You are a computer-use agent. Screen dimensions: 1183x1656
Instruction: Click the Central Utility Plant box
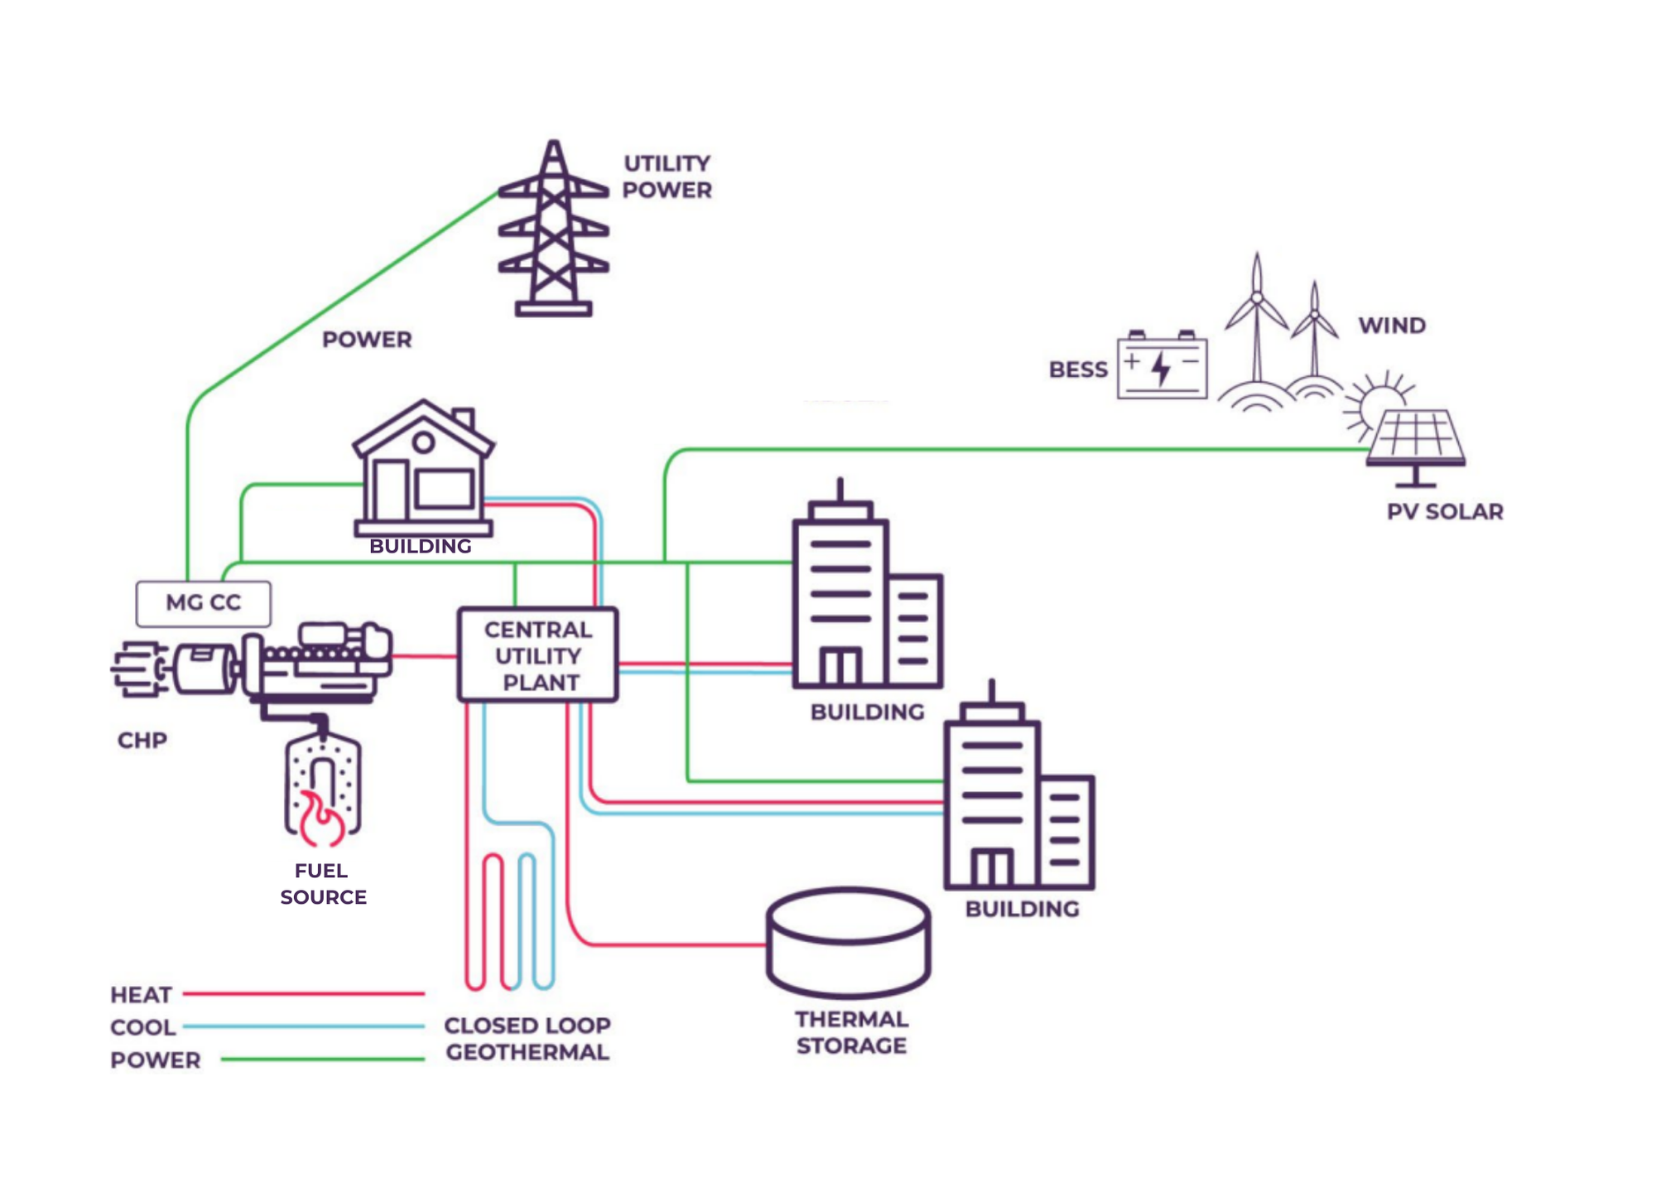(538, 655)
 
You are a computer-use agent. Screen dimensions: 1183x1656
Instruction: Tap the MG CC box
(203, 603)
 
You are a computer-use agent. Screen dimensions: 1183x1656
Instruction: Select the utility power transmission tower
(553, 232)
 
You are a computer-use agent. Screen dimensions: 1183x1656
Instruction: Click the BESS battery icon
(1162, 367)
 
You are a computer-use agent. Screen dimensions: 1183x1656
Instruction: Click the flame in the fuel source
(320, 820)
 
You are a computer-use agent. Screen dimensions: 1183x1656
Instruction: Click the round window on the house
(424, 442)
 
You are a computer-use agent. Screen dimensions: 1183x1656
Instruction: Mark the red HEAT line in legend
(303, 993)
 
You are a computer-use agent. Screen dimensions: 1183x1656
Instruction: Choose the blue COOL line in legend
(303, 1026)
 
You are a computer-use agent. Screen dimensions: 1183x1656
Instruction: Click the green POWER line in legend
(323, 1060)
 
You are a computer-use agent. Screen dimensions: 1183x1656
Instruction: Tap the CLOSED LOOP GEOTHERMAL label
(527, 1039)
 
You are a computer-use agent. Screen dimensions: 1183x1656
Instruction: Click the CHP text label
(142, 740)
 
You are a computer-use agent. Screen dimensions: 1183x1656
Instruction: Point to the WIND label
(1392, 326)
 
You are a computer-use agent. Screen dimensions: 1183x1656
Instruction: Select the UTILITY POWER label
(667, 176)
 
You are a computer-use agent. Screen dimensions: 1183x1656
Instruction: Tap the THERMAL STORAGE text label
(851, 1032)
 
